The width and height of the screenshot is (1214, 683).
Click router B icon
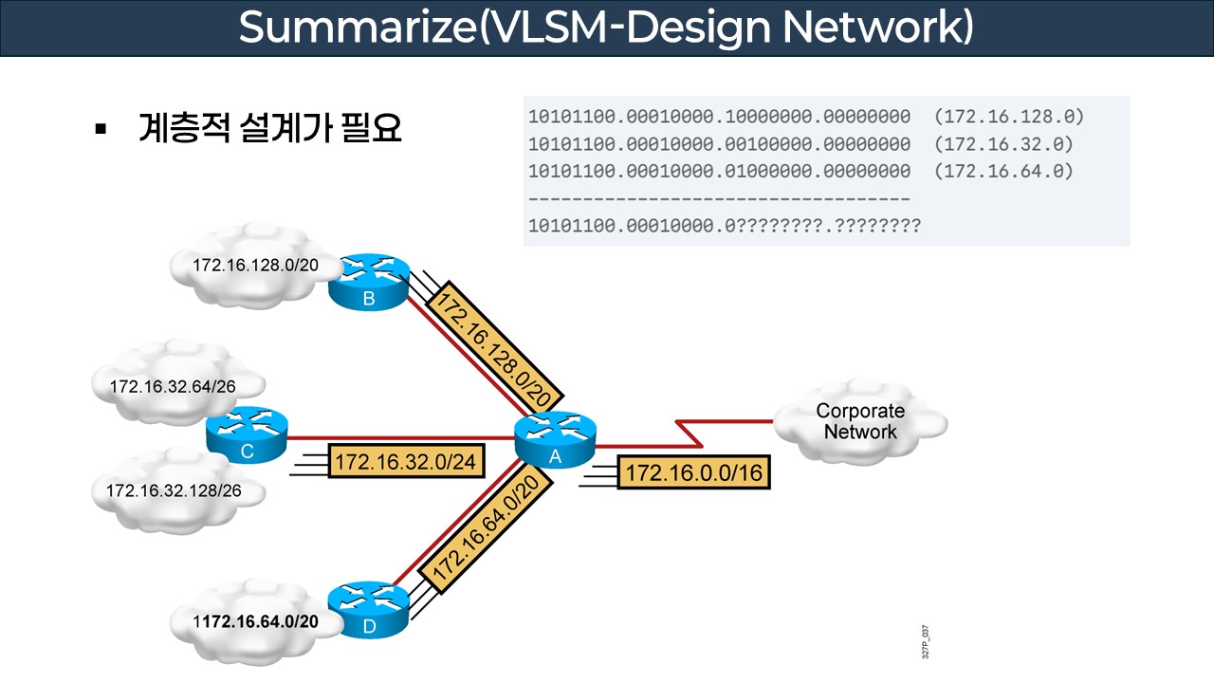pos(369,281)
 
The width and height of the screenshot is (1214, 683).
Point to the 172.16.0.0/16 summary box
pos(693,472)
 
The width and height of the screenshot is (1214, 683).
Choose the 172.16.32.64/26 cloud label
pos(173,387)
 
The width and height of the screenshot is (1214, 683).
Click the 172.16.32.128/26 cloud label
pos(173,491)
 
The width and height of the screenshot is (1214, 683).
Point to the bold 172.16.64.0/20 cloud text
pos(256,621)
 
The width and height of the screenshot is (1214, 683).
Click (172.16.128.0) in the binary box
pos(1008,118)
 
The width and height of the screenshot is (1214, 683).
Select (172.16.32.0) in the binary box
pos(1003,145)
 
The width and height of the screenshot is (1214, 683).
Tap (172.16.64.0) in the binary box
pos(1003,172)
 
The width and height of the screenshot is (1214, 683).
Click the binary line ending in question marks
pos(724,227)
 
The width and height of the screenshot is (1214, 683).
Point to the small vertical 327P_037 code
pos(926,642)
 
